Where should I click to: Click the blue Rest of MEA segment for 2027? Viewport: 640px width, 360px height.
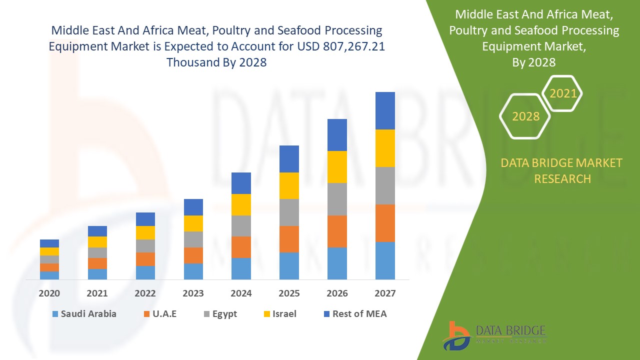coord(385,110)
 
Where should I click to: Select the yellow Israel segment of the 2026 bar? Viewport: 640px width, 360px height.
coord(337,167)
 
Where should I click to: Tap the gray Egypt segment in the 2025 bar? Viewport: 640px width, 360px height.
coord(289,212)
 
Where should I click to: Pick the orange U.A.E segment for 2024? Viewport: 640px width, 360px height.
coord(241,247)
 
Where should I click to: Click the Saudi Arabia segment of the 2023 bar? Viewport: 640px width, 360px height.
coord(193,271)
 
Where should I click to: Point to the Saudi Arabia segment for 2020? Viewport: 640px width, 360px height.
coord(49,275)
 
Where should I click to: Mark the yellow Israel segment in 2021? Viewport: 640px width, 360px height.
coord(97,242)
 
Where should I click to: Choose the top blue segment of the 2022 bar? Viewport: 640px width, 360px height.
coord(145,219)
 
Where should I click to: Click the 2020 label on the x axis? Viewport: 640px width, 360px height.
coord(49,293)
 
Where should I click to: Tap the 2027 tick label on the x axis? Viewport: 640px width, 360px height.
coord(385,293)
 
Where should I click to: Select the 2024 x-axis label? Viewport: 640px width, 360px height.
coord(241,293)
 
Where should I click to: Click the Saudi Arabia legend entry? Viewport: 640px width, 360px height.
coord(83,314)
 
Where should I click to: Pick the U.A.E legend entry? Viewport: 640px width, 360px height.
coord(160,314)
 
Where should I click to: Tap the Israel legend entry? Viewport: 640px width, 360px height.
coord(279,314)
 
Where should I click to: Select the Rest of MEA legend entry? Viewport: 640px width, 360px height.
coord(355,314)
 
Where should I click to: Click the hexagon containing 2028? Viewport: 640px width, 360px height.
coord(525,116)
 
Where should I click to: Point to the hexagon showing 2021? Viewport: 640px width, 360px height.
coord(563,93)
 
